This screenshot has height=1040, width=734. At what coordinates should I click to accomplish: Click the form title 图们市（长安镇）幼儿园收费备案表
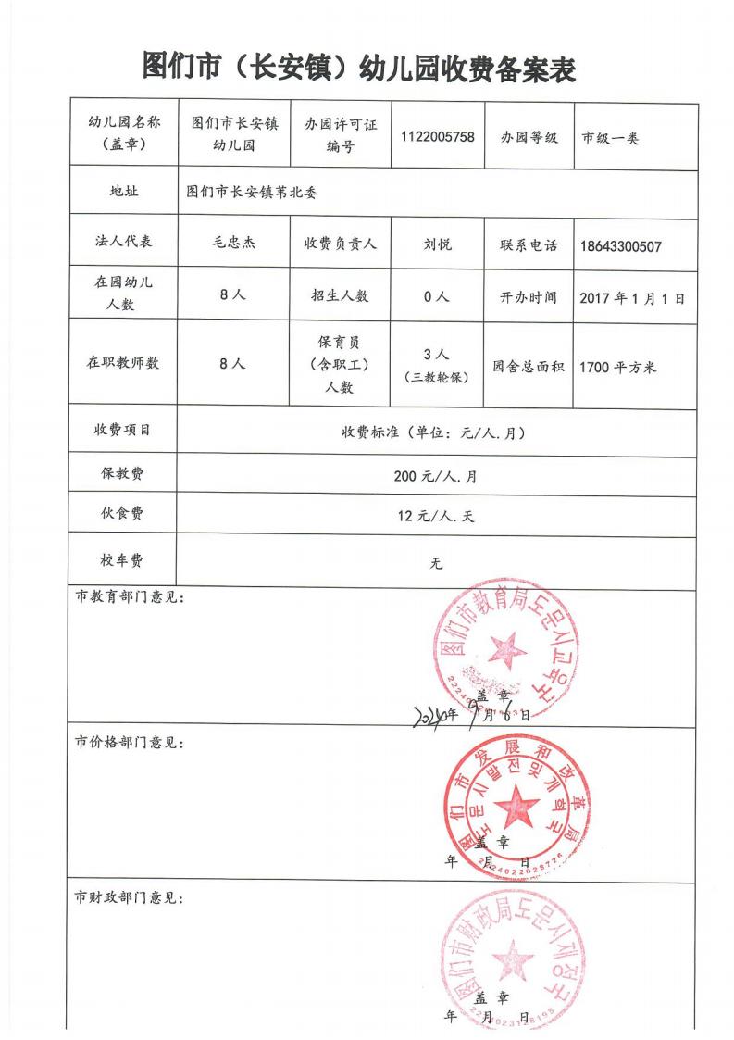[x=360, y=67]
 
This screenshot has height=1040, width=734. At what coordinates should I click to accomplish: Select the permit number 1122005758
[x=438, y=136]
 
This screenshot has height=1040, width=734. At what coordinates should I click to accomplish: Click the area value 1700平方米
[x=617, y=367]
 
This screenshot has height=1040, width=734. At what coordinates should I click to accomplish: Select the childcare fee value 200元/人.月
[x=435, y=477]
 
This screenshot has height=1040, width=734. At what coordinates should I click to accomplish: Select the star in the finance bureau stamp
[x=508, y=959]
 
